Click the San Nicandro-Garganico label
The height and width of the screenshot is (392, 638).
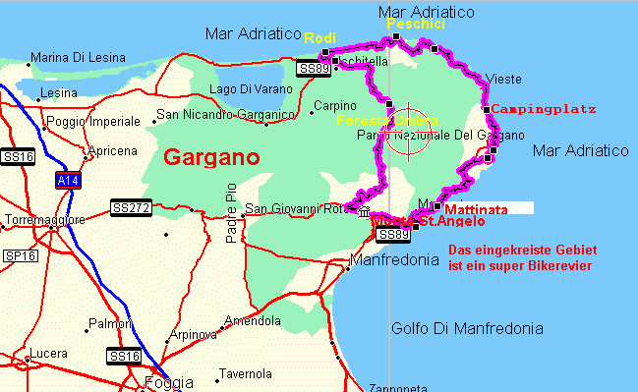pos(226,115)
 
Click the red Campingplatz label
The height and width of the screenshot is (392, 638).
pos(544,108)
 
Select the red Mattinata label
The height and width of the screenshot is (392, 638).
pos(477,209)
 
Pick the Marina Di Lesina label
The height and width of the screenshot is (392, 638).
pos(78,57)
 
